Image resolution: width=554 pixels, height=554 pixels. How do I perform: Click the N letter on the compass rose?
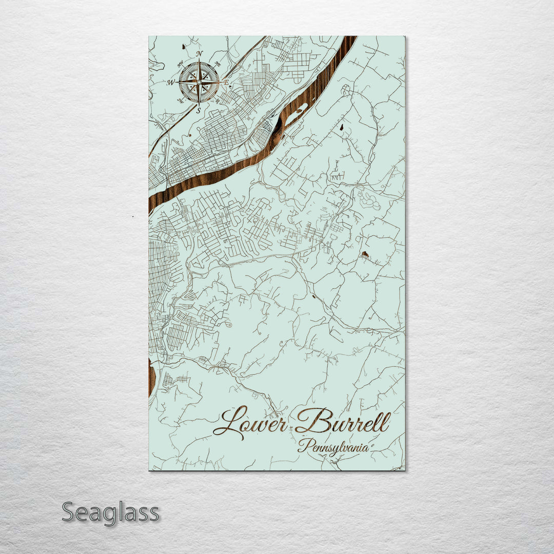point(200,54)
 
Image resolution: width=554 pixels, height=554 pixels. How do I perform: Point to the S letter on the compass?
point(199,109)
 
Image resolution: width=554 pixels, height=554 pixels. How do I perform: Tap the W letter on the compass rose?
point(171,82)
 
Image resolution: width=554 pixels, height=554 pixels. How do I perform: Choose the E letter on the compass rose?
point(226,82)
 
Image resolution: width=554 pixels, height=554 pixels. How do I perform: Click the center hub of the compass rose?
point(199,82)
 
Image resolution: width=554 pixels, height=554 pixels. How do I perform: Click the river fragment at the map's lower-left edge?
point(151,377)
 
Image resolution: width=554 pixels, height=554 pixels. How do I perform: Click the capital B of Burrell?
point(311,421)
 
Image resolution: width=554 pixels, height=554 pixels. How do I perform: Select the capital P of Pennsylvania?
point(303,446)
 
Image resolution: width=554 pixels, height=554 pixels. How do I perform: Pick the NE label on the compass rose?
point(217,64)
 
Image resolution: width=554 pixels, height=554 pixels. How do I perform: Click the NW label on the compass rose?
point(181,64)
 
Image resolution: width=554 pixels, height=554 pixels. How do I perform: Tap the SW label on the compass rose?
point(181,101)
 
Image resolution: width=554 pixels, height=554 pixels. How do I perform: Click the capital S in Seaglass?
point(69,512)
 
